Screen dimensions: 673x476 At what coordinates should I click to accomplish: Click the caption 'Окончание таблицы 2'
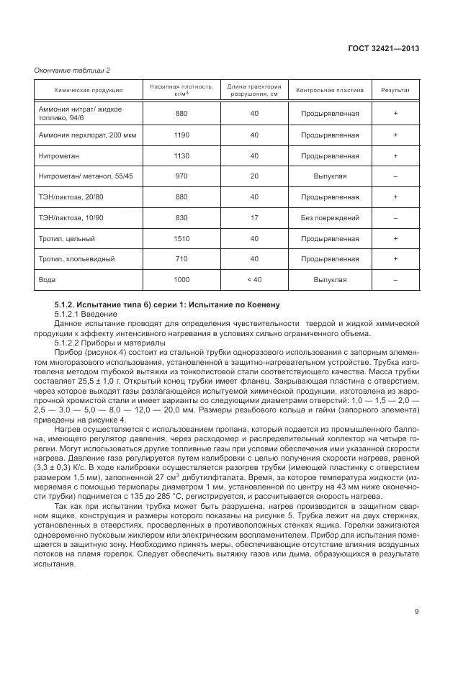point(72,70)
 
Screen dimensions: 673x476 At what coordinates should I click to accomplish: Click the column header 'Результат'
point(395,90)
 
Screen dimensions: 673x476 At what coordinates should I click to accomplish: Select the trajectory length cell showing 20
point(254,176)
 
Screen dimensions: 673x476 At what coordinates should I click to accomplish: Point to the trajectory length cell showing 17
point(254,217)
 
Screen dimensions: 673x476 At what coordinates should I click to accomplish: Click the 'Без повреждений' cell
point(330,217)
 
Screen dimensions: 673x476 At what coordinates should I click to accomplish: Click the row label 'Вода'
point(47,279)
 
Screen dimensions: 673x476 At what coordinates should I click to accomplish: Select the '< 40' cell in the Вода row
point(254,279)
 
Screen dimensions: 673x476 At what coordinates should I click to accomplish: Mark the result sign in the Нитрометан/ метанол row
point(395,176)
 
